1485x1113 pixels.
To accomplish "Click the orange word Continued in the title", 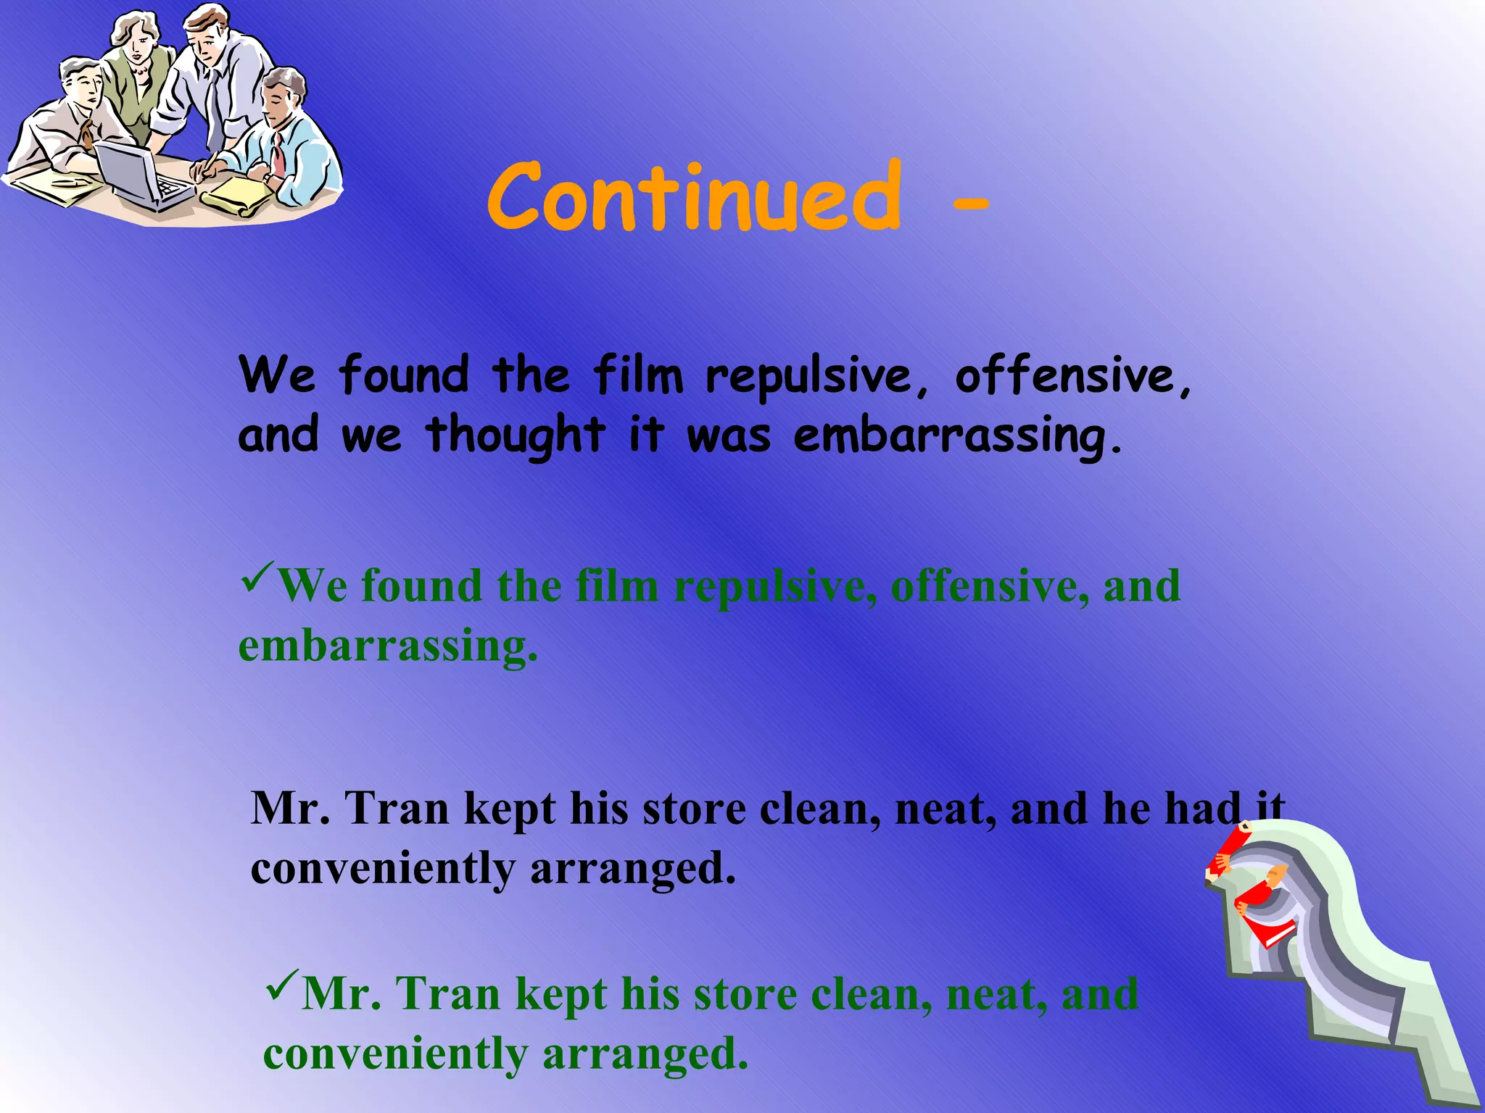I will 695,197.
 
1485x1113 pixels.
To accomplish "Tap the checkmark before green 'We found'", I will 257,577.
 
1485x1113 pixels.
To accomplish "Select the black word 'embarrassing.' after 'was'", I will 957,436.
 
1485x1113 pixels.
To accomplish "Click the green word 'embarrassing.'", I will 388,646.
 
